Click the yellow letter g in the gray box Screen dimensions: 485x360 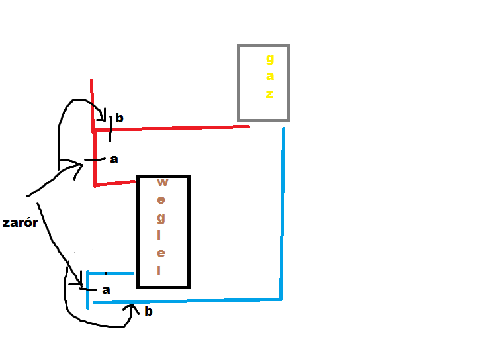(270, 59)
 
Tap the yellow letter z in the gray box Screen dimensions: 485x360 (269, 94)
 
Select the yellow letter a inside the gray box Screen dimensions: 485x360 (270, 76)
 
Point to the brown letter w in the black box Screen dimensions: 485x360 (162, 182)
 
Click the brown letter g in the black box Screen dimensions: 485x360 (161, 218)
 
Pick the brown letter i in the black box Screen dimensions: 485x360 (159, 235)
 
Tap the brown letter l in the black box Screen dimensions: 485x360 (159, 271)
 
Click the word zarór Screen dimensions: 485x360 (20, 222)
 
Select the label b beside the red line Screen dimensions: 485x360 (119, 118)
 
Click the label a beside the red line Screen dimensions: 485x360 (114, 159)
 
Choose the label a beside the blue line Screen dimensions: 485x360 (106, 290)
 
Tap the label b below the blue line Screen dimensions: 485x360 (148, 311)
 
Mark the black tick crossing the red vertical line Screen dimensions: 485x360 (95, 159)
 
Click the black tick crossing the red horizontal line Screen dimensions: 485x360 (110, 129)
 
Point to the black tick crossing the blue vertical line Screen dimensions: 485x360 (88, 289)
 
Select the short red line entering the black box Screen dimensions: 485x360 (114, 184)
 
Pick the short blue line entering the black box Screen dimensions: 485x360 (110, 273)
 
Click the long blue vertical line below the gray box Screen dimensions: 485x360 (283, 213)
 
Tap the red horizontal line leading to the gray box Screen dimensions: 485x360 (171, 128)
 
